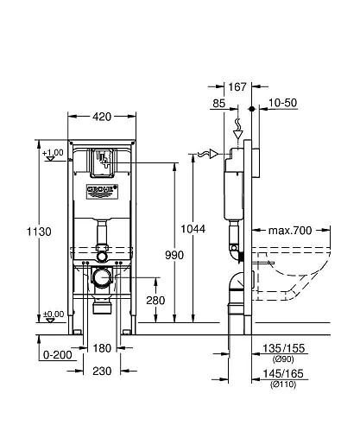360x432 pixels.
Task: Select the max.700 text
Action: point(288,231)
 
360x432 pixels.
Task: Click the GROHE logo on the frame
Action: point(101,189)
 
